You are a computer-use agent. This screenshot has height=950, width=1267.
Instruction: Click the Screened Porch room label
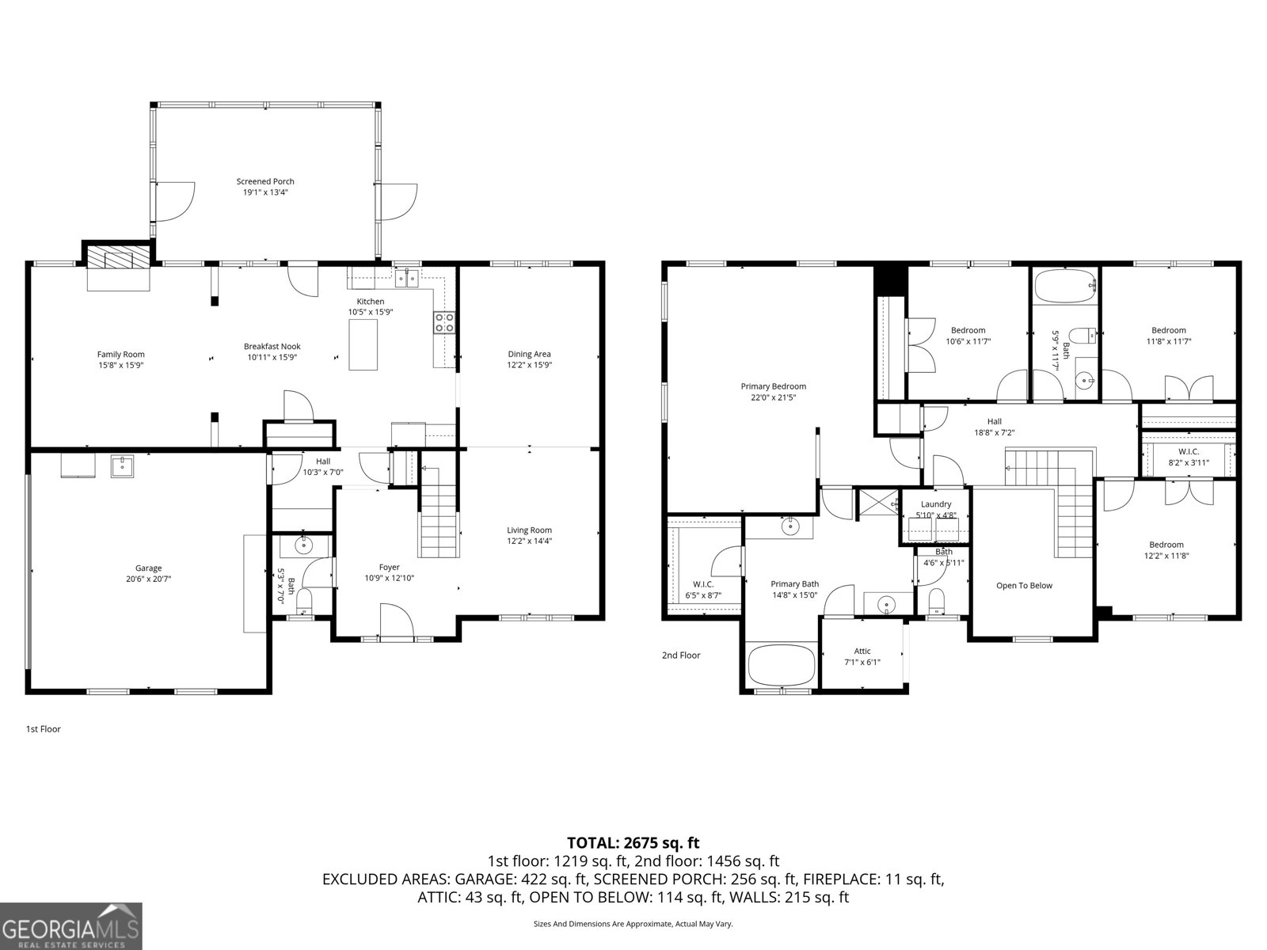click(x=265, y=181)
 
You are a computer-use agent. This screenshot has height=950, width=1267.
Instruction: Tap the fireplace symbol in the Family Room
click(x=117, y=258)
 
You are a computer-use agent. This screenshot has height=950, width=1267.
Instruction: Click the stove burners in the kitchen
click(x=444, y=322)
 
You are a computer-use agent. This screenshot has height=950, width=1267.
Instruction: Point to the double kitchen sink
click(x=408, y=277)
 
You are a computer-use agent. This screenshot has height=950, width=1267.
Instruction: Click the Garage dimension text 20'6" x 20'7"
click(x=148, y=579)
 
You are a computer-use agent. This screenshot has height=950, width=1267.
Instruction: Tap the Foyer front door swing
click(x=396, y=620)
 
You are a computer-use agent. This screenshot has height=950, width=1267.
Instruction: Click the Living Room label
click(x=529, y=530)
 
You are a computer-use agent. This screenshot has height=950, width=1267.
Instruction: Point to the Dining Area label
click(x=529, y=354)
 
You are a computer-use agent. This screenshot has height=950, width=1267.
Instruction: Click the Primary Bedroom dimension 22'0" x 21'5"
click(x=773, y=397)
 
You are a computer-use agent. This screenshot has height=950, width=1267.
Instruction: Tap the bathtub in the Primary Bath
click(x=782, y=664)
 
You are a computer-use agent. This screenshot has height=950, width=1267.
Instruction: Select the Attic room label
click(x=862, y=652)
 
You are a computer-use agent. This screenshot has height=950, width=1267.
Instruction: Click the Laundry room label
click(x=936, y=504)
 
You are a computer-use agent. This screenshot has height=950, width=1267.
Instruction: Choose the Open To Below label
click(x=1024, y=586)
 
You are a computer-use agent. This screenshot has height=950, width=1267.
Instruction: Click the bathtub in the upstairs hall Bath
click(x=1065, y=287)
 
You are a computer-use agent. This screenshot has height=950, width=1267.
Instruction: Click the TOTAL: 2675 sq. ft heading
click(x=633, y=843)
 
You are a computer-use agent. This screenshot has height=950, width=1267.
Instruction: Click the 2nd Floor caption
click(x=681, y=655)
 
